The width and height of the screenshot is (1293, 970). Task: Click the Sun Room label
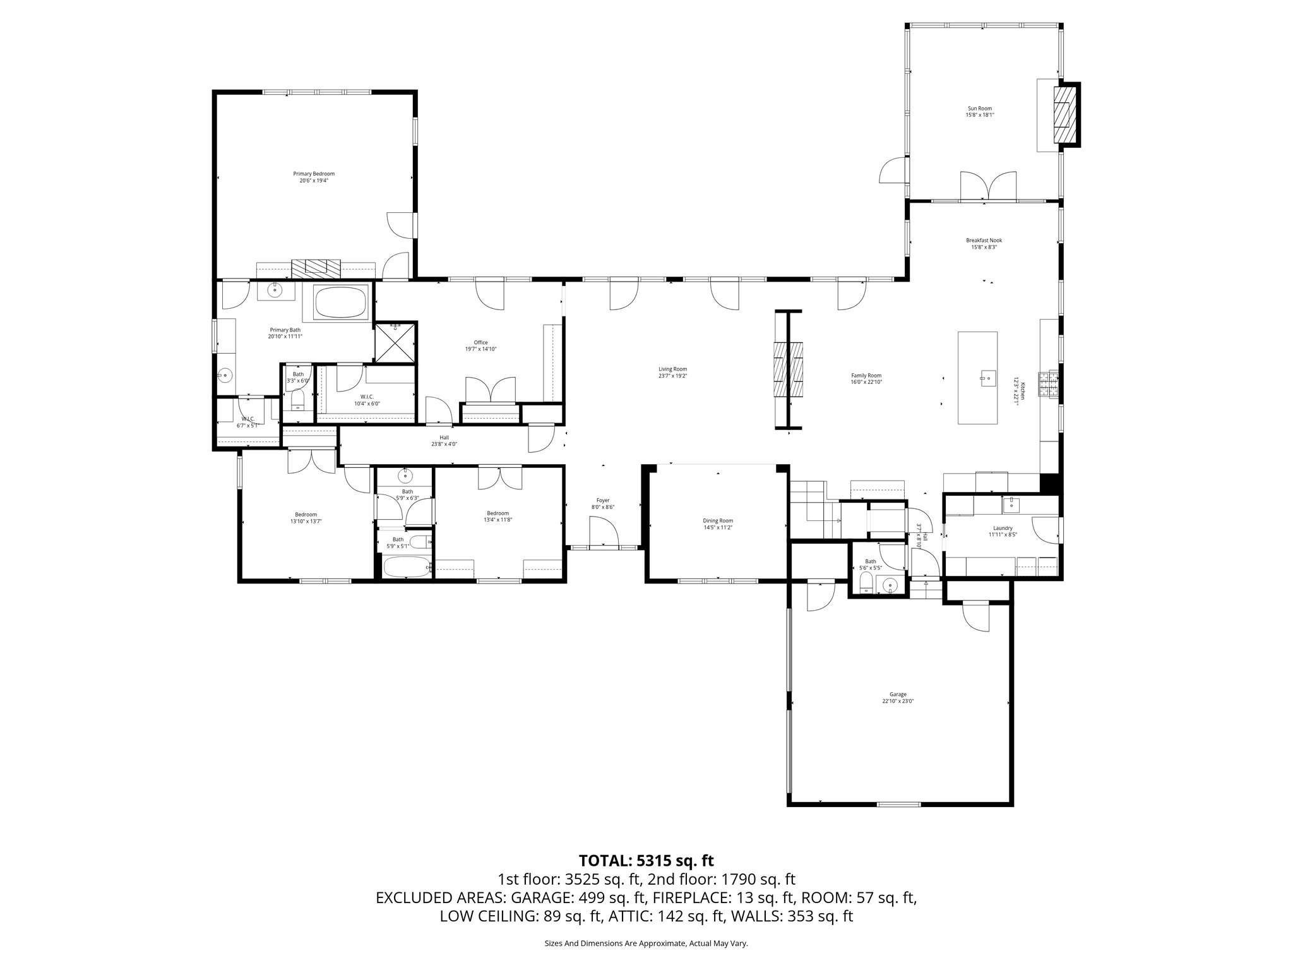pos(980,109)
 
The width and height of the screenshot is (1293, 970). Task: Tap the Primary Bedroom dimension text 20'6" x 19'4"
pos(314,181)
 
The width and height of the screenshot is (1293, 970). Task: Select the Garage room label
pos(898,694)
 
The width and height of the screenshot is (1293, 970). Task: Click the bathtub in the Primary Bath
pos(341,302)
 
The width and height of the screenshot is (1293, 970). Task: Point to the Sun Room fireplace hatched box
pos(1064,115)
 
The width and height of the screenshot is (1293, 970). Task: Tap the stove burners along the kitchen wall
pos(1049,385)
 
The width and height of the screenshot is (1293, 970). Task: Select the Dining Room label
pos(718,520)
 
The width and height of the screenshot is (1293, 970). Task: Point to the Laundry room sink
pos(1010,505)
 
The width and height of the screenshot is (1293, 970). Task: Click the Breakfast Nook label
pos(984,241)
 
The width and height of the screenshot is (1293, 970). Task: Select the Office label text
pos(480,343)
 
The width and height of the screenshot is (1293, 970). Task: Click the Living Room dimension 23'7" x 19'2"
pos(672,376)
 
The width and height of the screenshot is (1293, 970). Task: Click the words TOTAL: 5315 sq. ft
pos(646,860)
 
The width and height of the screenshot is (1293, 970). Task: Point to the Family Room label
pos(866,375)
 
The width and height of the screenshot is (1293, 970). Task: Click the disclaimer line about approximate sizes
pos(646,943)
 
